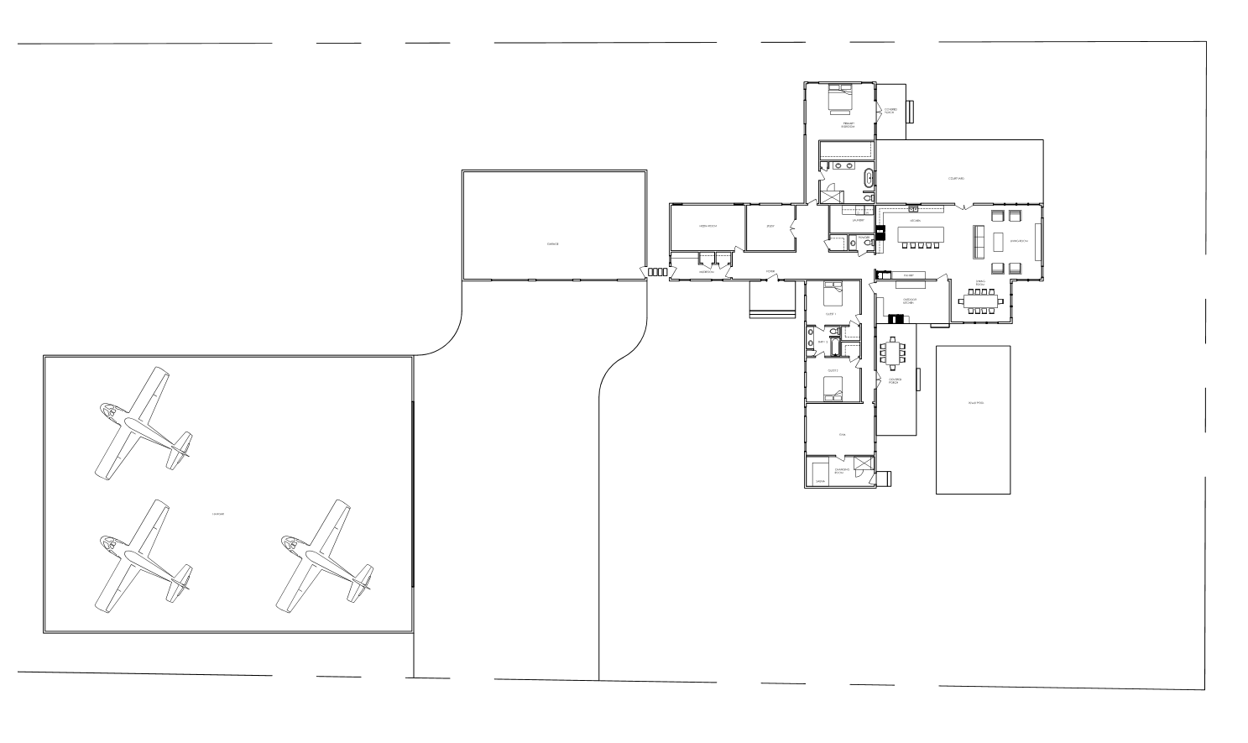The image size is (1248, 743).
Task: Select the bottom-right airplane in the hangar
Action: point(326,556)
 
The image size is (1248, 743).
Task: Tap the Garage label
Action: point(552,244)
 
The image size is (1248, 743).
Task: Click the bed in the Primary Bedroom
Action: point(840,97)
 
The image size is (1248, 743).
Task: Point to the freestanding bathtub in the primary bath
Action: point(868,178)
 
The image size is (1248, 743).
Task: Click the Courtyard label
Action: point(956,178)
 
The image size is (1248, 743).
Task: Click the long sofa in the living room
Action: point(979,242)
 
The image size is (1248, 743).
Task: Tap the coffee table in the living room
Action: point(999,242)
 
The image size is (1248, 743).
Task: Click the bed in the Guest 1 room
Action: point(833,295)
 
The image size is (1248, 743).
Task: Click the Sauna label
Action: point(820,482)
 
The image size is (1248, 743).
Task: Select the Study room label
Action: point(770,227)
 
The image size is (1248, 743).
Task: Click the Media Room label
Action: point(707,227)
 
